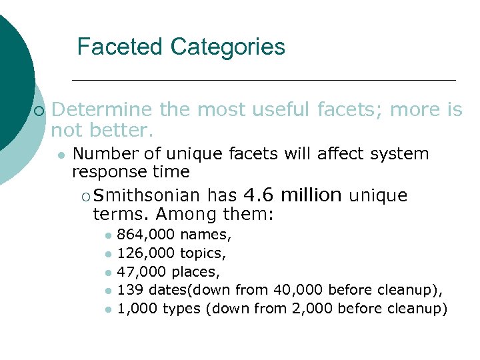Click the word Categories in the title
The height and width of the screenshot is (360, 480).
[227, 47]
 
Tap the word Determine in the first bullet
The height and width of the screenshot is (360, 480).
[101, 109]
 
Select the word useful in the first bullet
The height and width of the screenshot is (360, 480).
[277, 109]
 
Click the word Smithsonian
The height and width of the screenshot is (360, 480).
[147, 196]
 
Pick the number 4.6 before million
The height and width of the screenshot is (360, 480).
[258, 195]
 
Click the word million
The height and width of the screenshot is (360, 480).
[311, 195]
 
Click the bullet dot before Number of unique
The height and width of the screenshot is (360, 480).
[61, 155]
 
